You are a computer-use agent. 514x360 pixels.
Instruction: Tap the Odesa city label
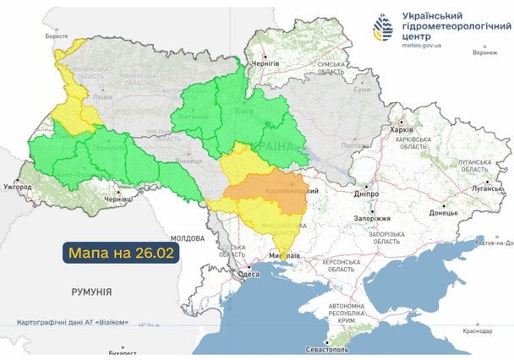click(x=249, y=274)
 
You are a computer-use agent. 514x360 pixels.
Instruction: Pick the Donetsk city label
click(x=443, y=213)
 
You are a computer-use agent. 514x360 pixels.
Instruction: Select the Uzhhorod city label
click(x=17, y=185)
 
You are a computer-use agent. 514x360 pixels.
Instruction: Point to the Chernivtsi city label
click(x=117, y=199)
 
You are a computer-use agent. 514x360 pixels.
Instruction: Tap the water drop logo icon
click(x=383, y=29)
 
